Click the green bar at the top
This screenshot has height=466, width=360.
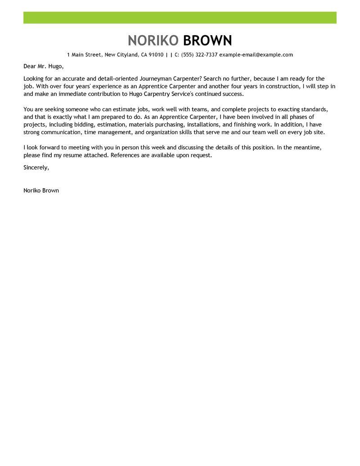click(180, 18)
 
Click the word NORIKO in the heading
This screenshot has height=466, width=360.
click(153, 41)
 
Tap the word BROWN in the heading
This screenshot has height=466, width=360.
click(207, 41)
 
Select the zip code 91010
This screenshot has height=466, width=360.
click(155, 55)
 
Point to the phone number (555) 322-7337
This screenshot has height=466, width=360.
click(199, 55)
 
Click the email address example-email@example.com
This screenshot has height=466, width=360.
click(256, 55)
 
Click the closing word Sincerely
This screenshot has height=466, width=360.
click(36, 167)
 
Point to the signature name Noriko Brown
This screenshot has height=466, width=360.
click(41, 190)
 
